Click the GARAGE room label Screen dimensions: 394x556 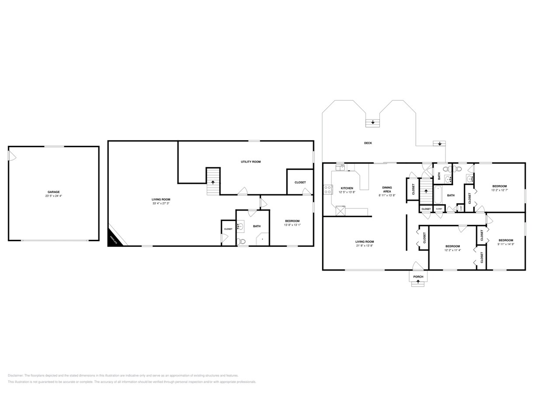pos(54,192)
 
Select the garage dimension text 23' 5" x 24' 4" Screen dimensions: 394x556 pos(54,196)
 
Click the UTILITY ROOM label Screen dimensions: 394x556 pos(250,162)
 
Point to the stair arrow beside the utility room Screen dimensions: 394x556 pos(213,182)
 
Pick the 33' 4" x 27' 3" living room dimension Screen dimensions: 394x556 pos(161,203)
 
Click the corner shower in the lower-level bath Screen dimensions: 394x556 pos(263,239)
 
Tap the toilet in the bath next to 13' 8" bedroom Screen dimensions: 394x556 pos(241,241)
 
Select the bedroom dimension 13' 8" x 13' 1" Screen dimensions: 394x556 pos(292,225)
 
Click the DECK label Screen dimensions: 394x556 pos(368,143)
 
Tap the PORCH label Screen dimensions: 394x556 pos(418,277)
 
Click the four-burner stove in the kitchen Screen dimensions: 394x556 pos(327,190)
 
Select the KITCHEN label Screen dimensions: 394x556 pos(347,188)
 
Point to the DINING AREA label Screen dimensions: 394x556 pos(387,190)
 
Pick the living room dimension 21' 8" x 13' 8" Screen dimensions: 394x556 pos(365,246)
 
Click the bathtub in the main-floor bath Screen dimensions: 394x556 pos(438,195)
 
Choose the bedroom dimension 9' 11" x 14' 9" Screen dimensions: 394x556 pos(506,244)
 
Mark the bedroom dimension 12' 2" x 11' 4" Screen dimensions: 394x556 pos(452,250)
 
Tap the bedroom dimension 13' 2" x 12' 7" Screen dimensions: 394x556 pos(499,190)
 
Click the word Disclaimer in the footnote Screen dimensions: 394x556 pos(15,376)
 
